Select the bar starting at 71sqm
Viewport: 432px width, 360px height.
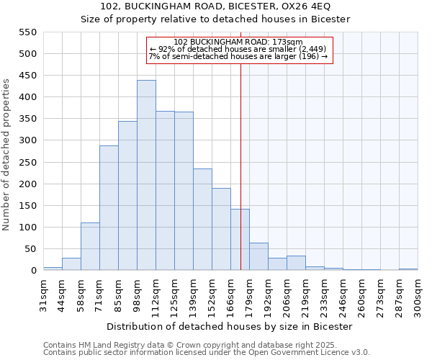109,208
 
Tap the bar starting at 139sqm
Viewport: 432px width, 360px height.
202,220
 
